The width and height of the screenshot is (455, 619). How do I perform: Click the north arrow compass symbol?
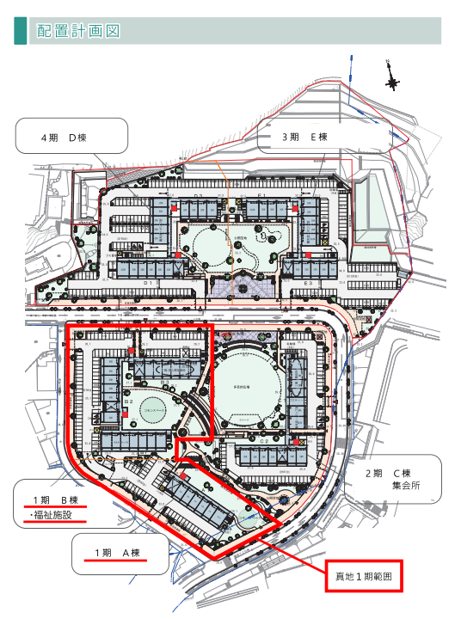coord(392,75)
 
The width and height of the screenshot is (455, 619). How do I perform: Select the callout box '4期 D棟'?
coord(71,137)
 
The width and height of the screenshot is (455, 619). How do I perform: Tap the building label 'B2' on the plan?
coord(126,401)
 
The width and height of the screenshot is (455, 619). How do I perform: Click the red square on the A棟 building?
coord(185,475)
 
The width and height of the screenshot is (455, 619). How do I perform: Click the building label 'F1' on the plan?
coord(266,197)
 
